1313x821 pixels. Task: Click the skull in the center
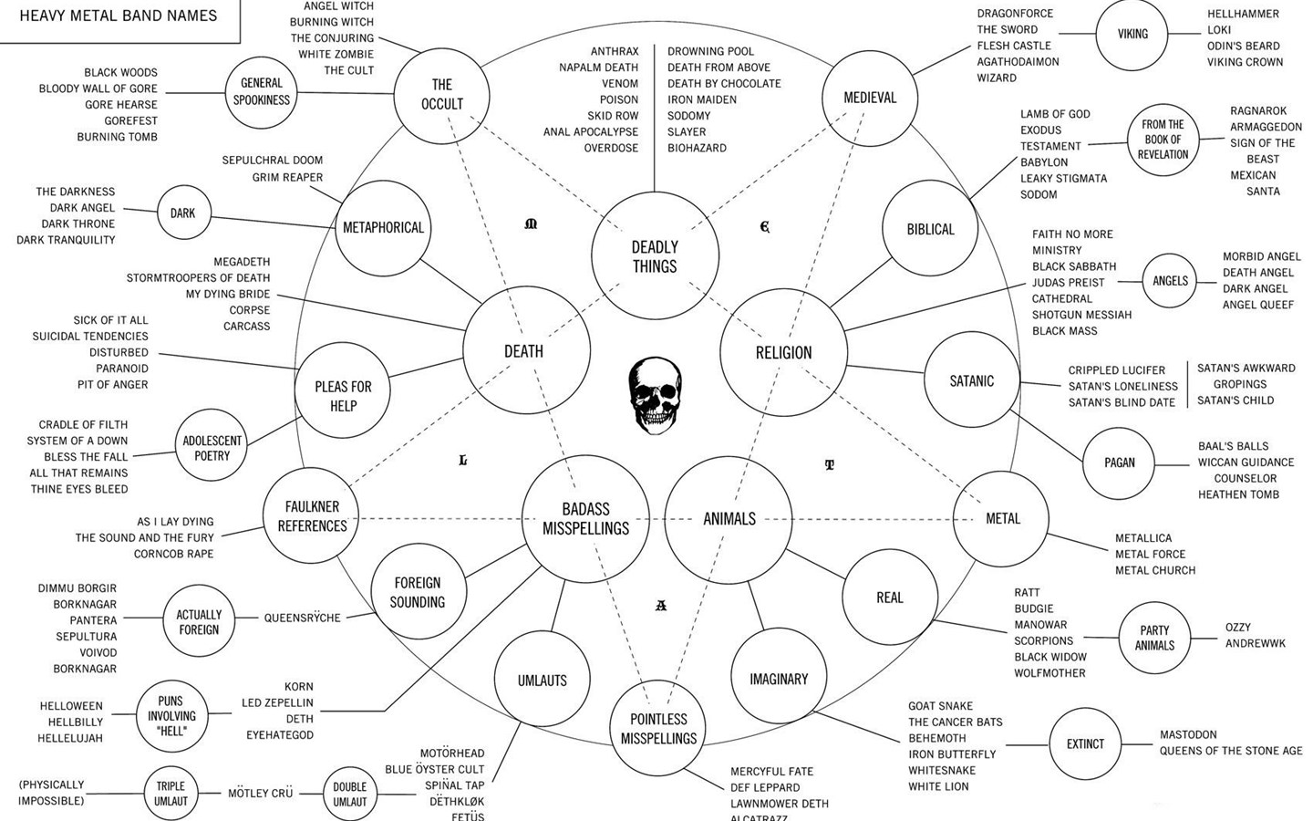coord(655,395)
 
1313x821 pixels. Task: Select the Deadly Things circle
coord(655,256)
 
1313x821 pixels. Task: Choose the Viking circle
coord(1132,35)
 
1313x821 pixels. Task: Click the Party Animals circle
coord(1154,638)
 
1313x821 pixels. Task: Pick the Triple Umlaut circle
coord(171,793)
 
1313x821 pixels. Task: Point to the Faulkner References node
coord(312,516)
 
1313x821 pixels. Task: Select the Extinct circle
coord(1085,744)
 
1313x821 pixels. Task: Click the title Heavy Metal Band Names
coord(119,16)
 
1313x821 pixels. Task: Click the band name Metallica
coord(1143,538)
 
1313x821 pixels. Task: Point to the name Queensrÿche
coord(302,618)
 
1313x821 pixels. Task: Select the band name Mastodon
coord(1188,734)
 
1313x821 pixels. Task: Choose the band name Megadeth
coord(242,262)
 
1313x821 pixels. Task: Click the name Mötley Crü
coord(260,794)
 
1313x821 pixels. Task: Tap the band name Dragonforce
coord(1015,14)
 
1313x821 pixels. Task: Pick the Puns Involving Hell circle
coord(171,716)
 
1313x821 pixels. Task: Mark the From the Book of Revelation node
coord(1163,140)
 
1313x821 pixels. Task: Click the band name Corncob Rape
coord(173,554)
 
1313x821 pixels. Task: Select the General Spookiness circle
coord(262,91)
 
